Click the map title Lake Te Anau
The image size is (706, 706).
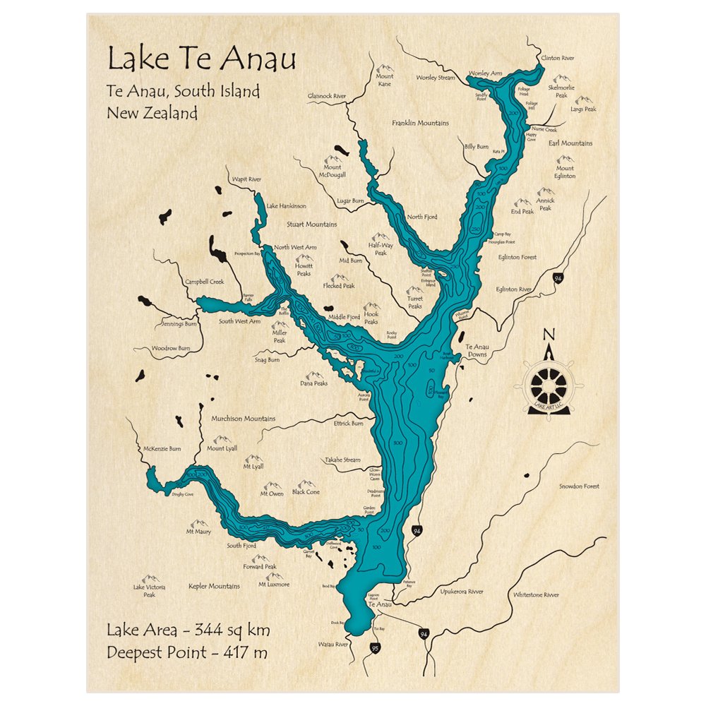pos(201,59)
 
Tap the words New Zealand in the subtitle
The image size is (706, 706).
pos(152,113)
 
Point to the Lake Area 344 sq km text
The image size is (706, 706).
pos(188,630)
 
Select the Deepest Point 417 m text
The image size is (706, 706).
pos(187,652)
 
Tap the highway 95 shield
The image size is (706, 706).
pos(375,647)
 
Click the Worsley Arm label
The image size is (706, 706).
pos(486,73)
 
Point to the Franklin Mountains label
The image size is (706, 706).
pos(420,123)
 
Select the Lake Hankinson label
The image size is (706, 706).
pos(286,206)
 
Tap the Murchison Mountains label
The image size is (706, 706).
pos(243,419)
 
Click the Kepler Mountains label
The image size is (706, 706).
pos(214,586)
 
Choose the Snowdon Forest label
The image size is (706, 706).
pos(579,486)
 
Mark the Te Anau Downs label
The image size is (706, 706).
pos(481,351)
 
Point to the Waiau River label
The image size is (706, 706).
pos(333,644)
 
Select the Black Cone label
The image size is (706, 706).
pos(306,492)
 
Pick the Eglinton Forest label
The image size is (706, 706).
pos(517,258)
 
